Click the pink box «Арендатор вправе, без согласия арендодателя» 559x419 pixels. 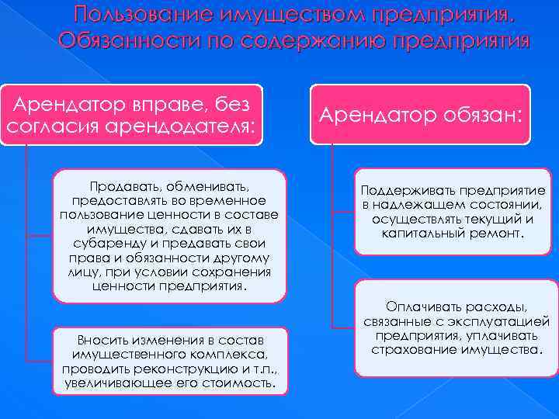click(x=130, y=115)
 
